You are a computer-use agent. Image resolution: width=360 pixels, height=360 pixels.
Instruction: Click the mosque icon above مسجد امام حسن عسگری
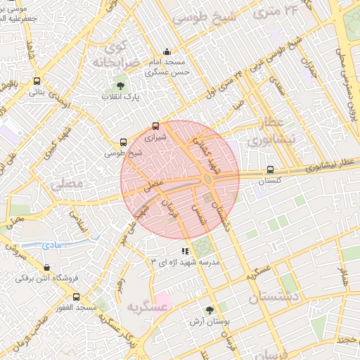point(167,51)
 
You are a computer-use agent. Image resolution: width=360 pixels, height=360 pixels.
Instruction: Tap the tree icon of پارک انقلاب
point(120,86)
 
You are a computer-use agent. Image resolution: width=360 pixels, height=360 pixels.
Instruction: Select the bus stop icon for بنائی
point(37,82)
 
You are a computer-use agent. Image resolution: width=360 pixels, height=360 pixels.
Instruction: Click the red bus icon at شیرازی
point(155,127)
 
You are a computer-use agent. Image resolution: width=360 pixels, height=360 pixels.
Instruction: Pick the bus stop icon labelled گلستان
point(271,170)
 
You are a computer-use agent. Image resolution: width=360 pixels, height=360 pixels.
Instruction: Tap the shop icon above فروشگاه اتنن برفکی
point(46,268)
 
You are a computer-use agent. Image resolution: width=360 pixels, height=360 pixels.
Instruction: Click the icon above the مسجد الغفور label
point(76,297)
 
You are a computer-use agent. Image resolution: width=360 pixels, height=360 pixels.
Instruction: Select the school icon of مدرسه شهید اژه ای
point(185,250)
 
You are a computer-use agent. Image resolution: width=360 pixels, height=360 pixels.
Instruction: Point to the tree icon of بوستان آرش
point(210,310)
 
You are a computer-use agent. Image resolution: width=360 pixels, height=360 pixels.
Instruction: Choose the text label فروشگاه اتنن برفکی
point(45,278)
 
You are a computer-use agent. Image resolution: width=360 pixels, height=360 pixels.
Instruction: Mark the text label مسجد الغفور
point(77,308)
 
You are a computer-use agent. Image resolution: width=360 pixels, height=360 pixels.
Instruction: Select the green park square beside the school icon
point(202,247)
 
